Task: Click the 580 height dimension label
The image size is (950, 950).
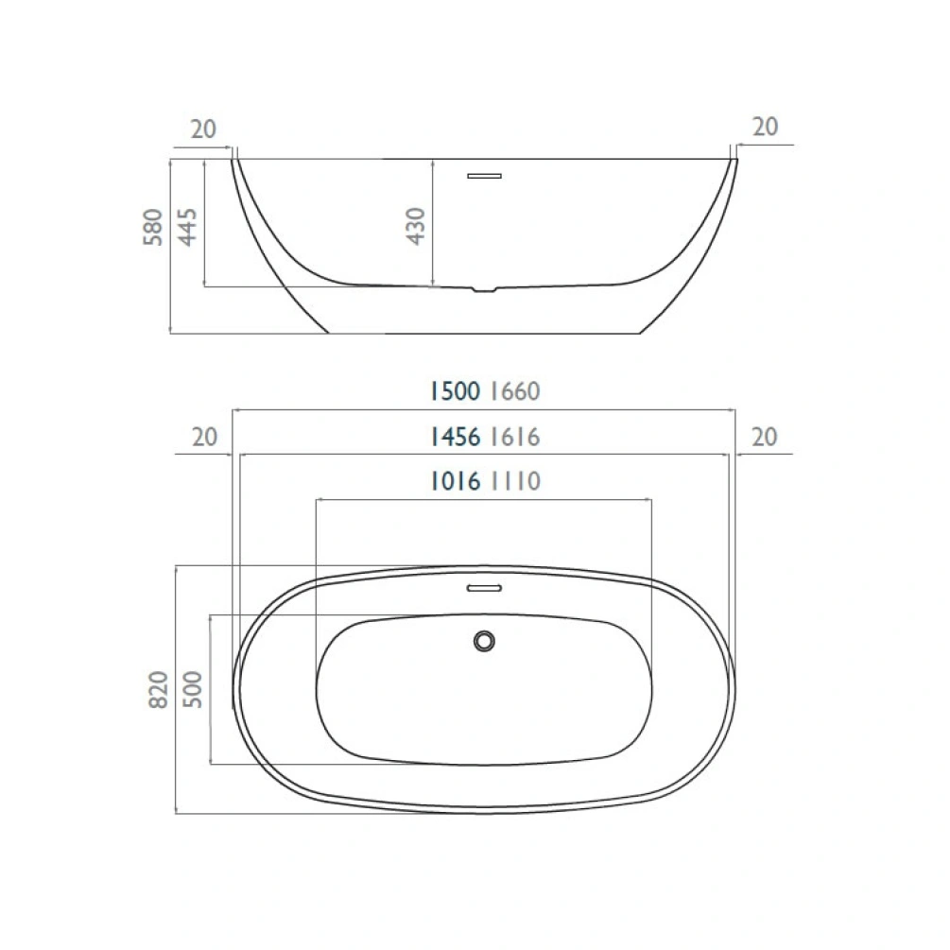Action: click(153, 227)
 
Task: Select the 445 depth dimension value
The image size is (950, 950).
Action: click(188, 227)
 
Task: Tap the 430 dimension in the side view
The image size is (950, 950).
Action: click(416, 226)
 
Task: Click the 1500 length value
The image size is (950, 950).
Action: click(455, 391)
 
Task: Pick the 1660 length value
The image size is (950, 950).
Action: click(515, 391)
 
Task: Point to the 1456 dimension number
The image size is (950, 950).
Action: click(455, 437)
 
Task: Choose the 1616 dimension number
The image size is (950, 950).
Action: click(515, 437)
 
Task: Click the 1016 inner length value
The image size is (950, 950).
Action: click(455, 482)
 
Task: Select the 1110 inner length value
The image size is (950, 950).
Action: click(515, 482)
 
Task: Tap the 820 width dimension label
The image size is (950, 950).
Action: click(158, 689)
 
